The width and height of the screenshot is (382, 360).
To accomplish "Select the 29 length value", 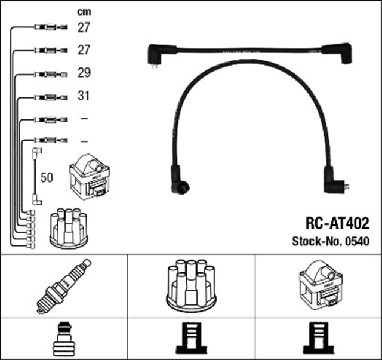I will click(84, 73).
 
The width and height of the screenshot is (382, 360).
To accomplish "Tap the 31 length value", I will click(84, 96).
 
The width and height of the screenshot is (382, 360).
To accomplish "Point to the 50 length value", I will click(47, 177).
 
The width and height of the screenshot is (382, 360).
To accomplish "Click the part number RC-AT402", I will click(334, 223).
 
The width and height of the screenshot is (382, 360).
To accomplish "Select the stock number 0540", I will click(357, 242).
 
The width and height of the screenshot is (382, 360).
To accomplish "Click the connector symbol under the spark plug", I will click(63, 339).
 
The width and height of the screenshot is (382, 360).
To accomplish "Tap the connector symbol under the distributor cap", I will click(191, 339).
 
